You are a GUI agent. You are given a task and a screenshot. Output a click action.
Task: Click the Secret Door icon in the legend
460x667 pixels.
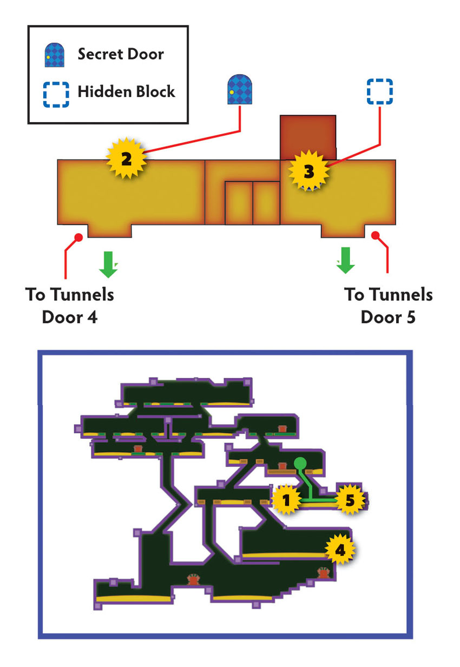pos(55,55)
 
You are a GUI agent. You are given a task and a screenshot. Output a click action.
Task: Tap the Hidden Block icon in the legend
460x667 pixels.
pos(56,95)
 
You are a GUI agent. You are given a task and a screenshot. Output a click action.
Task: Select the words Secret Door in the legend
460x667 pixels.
pos(121,54)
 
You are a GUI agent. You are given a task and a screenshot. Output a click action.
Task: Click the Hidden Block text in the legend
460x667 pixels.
pos(126,91)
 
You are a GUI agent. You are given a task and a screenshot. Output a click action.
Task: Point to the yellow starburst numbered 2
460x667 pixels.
pos(126,158)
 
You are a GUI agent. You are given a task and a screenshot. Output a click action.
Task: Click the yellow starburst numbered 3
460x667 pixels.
pos(308,170)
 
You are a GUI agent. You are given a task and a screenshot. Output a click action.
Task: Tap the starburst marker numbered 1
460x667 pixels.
pos(286,500)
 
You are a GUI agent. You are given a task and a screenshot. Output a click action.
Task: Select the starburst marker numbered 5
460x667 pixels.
pos(350,500)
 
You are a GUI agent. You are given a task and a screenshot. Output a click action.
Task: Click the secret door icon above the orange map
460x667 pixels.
pos(240,89)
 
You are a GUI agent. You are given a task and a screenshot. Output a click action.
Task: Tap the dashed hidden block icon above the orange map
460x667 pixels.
pos(379,91)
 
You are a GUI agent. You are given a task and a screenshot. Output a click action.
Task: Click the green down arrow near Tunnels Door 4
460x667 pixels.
pos(108,265)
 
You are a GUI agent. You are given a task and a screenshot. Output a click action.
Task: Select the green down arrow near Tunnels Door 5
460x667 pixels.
pos(345,260)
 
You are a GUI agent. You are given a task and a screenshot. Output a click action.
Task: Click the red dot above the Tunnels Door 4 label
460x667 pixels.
pos(78,237)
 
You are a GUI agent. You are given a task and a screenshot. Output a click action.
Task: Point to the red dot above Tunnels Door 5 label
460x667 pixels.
pos(376,235)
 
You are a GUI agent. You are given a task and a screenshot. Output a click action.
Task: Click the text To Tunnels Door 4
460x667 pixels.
pos(70,306)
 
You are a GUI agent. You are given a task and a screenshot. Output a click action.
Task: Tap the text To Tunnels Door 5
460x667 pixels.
pos(388,306)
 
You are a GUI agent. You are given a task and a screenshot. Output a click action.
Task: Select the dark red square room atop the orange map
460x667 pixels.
pos(308,137)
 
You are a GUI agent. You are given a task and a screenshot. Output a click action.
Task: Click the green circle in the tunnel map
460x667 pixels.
pos(300,463)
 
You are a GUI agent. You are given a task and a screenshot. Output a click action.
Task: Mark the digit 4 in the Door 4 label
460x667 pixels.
pos(93,318)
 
